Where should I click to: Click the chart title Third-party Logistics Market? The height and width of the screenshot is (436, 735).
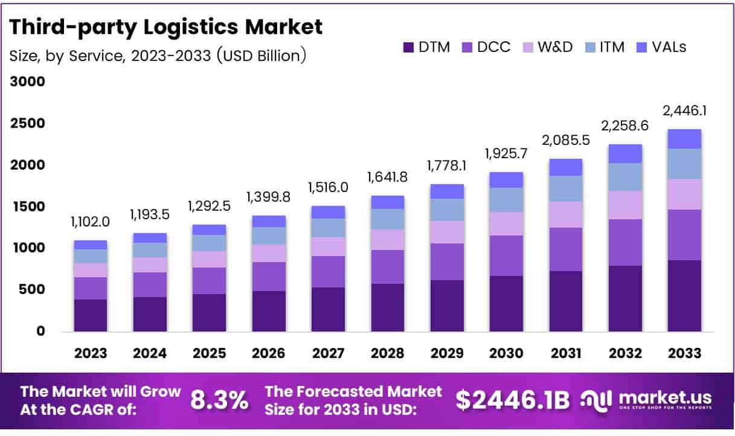[x=166, y=27]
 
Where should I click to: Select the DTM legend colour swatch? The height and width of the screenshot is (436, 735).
[x=409, y=48]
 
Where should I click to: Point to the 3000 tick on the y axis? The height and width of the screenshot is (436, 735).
[x=27, y=82]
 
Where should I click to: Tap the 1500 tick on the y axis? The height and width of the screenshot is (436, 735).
[x=27, y=207]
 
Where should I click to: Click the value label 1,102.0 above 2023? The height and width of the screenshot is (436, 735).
[x=91, y=222]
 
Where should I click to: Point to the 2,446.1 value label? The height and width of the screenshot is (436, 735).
[x=684, y=111]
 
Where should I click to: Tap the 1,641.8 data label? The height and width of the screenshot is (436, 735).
[x=387, y=178]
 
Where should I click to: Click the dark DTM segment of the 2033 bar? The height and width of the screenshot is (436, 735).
[x=684, y=296]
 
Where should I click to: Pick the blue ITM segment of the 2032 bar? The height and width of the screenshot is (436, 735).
[x=625, y=177]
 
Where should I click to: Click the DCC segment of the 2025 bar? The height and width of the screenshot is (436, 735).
[x=209, y=281]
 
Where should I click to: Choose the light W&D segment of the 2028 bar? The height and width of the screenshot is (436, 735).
[x=387, y=240]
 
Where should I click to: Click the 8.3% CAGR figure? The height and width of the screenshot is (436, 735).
[x=219, y=400]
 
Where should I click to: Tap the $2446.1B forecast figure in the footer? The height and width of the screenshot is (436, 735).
[x=512, y=400]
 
